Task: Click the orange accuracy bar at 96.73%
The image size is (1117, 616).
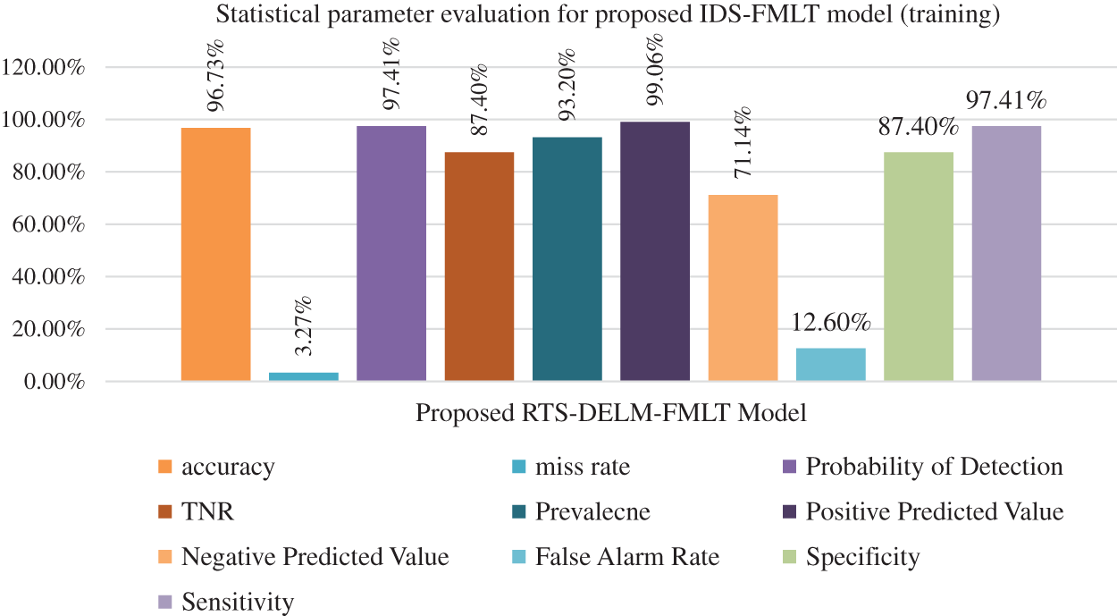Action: click(x=215, y=255)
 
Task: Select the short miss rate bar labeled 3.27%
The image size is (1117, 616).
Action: click(x=304, y=376)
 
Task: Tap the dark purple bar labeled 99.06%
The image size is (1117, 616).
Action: click(x=654, y=251)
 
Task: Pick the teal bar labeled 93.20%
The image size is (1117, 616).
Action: click(x=567, y=259)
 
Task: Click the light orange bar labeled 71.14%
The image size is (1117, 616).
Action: click(x=743, y=288)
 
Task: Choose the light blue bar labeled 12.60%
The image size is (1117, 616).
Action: click(x=830, y=365)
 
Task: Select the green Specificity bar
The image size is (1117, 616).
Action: click(x=918, y=266)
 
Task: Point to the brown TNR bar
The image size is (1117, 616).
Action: click(x=479, y=266)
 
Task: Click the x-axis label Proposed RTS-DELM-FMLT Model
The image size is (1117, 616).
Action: click(x=611, y=413)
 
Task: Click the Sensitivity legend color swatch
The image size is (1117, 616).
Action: click(x=164, y=602)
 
